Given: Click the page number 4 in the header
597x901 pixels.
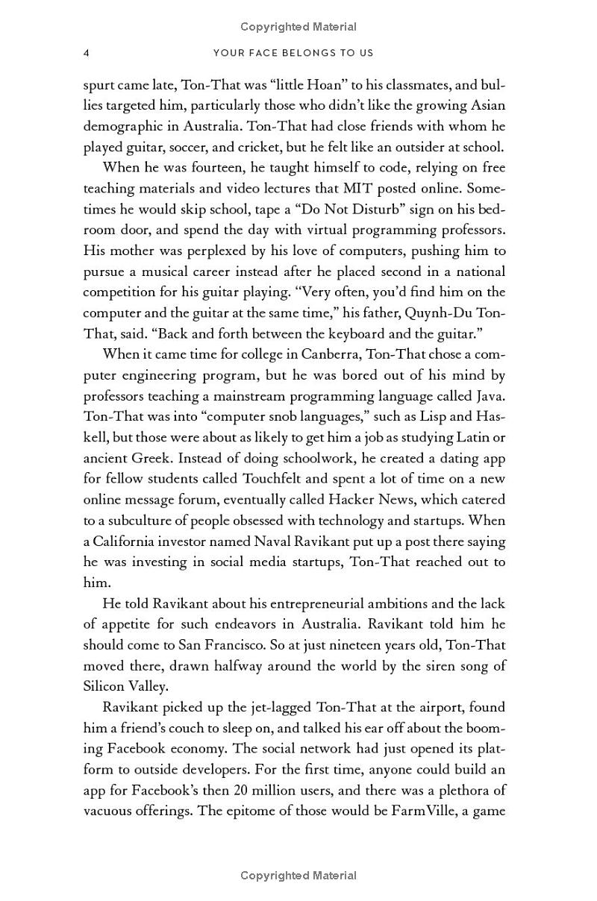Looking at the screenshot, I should coord(87,53).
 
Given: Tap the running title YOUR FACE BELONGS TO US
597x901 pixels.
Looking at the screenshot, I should coord(293,53).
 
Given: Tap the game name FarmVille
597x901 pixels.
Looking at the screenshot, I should coord(425,811).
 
